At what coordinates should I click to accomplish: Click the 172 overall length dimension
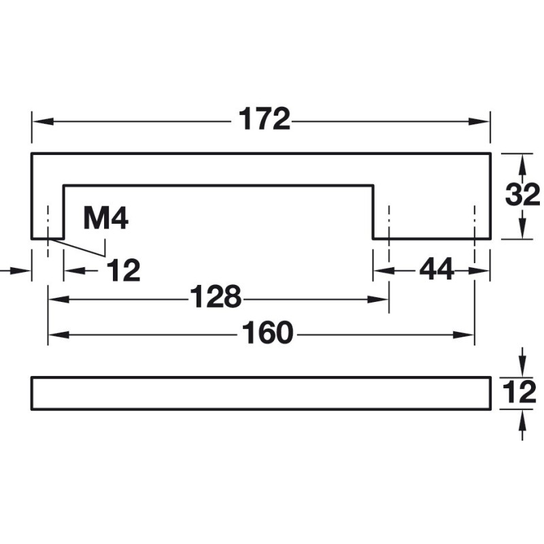tap(265, 120)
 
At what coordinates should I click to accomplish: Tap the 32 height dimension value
tap(522, 195)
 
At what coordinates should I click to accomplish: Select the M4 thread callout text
tap(106, 219)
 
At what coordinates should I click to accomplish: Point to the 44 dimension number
tap(437, 269)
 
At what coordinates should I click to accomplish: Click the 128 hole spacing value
tap(216, 296)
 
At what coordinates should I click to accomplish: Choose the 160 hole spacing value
tap(267, 333)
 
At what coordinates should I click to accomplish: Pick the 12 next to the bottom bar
tap(519, 393)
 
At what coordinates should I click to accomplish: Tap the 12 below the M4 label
tap(124, 270)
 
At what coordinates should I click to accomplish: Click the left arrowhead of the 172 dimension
tap(43, 122)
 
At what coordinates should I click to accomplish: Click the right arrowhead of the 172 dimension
tap(479, 122)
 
